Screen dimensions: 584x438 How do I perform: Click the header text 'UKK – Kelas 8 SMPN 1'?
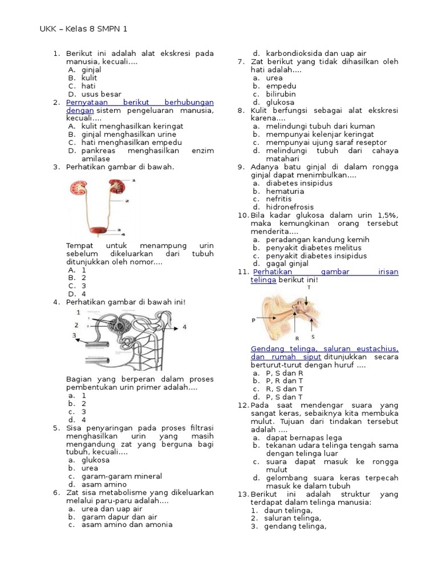click(x=87, y=29)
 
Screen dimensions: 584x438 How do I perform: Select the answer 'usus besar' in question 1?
click(x=101, y=94)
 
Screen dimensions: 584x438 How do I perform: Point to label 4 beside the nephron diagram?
click(x=184, y=327)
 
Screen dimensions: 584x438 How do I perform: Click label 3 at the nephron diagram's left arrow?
click(x=74, y=335)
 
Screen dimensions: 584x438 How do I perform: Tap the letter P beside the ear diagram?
click(x=253, y=320)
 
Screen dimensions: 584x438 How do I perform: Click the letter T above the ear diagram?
click(x=309, y=287)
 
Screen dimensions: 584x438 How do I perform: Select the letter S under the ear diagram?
click(x=313, y=336)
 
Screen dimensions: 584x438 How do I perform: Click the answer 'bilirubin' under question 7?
click(x=281, y=94)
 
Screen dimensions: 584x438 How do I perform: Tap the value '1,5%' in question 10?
click(x=388, y=216)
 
